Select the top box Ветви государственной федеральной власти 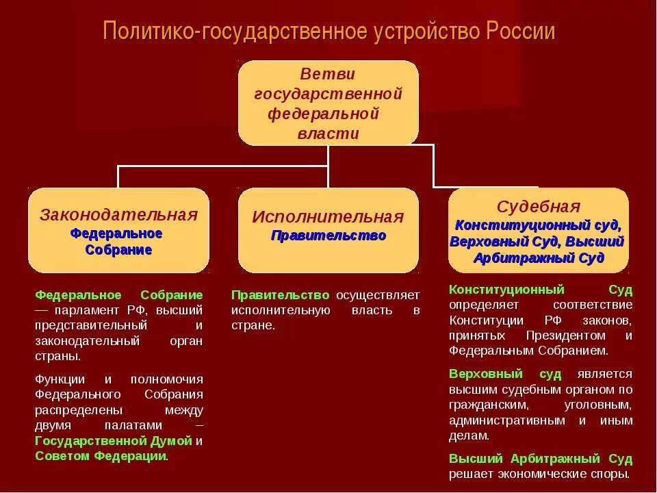pyautogui.click(x=328, y=103)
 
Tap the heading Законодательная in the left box pyautogui.click(x=118, y=214)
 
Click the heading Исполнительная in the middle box pyautogui.click(x=328, y=217)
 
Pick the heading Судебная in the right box pyautogui.click(x=538, y=207)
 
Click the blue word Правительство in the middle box pyautogui.click(x=328, y=236)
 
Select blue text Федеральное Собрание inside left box pyautogui.click(x=118, y=241)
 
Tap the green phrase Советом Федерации pyautogui.click(x=101, y=455)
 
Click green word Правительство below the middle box pyautogui.click(x=281, y=295)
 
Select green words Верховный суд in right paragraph pyautogui.click(x=505, y=374)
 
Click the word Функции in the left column pyautogui.click(x=60, y=379)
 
